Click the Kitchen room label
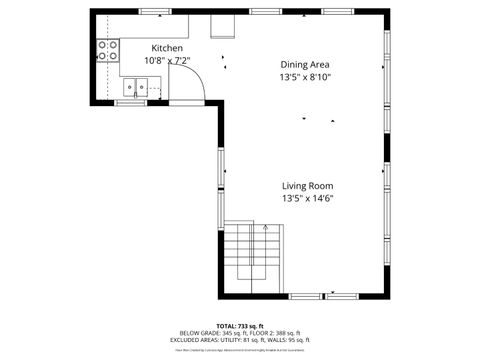coord(167,48)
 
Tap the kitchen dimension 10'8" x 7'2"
coord(167,60)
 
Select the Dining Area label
coord(305,64)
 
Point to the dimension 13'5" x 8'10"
coord(305,77)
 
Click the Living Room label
coord(306,186)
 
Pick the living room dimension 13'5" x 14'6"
coord(306,198)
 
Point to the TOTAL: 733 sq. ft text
coord(237,326)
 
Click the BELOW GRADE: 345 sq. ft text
coord(208,333)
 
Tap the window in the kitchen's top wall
coord(154,11)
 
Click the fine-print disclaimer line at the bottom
coord(239,350)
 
